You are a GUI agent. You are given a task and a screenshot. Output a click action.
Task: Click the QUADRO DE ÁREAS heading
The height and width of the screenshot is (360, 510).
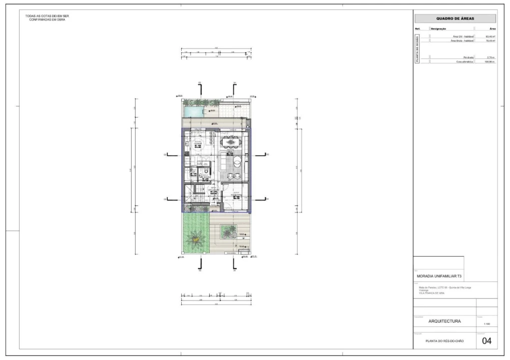(x=455, y=18)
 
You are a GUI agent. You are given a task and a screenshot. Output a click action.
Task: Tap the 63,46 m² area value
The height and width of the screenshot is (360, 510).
(x=490, y=36)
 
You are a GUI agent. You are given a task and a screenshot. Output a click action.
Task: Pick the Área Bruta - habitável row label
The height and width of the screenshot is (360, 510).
(x=462, y=41)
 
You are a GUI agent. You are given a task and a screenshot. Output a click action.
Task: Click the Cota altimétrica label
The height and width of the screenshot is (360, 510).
(x=465, y=62)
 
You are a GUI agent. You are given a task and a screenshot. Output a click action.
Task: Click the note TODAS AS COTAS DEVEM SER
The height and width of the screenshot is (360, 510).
(x=47, y=16)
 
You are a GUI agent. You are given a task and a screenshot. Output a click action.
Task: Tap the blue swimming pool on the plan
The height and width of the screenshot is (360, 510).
(x=193, y=110)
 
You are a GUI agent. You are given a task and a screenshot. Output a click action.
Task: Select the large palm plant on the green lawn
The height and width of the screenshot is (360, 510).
(x=194, y=239)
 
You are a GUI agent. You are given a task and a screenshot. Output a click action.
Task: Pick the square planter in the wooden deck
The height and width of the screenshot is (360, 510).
(x=229, y=230)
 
